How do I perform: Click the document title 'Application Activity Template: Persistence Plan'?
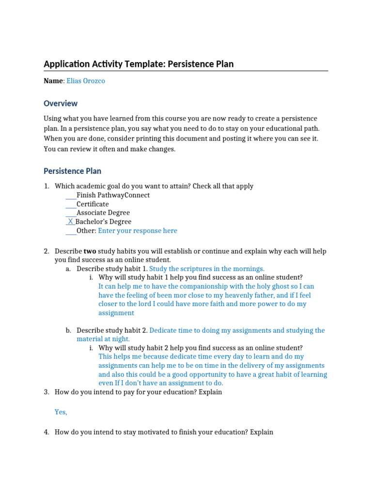coord(139,64)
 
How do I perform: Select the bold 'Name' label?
coord(53,81)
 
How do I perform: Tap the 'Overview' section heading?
coord(61,103)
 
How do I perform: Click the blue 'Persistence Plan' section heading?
coord(72,171)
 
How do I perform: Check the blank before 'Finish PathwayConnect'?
coord(71,195)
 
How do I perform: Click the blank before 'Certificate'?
coord(71,204)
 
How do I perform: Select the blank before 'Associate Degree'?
coord(71,213)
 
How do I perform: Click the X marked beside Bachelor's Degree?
coord(71,221)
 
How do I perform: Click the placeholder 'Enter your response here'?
coord(138,231)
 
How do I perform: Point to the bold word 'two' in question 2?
coord(90,251)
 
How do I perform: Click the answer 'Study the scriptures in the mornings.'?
coord(207,268)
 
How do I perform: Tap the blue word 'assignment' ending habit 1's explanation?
coord(116,313)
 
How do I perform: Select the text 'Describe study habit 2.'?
coord(112,330)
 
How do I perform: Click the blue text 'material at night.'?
coord(103,339)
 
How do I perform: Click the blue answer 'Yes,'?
coord(61,412)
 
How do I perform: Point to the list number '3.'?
coord(46,392)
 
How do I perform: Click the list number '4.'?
coord(46,432)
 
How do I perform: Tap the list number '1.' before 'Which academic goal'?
coord(46,186)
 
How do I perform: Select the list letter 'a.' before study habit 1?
coord(68,268)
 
